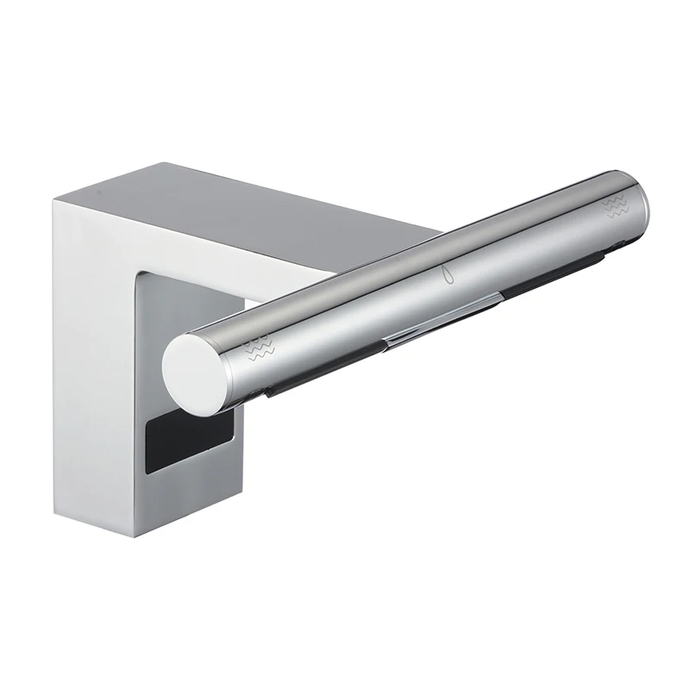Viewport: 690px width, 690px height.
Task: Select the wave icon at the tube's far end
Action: click(x=615, y=204)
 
